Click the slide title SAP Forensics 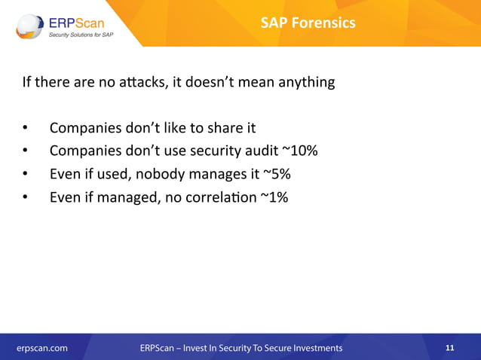pos(308,23)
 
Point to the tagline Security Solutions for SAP pos(81,35)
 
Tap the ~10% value pos(299,151)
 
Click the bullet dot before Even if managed pos(25,198)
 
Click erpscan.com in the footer pos(42,348)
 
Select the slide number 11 pos(450,348)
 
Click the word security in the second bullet pos(210,151)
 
